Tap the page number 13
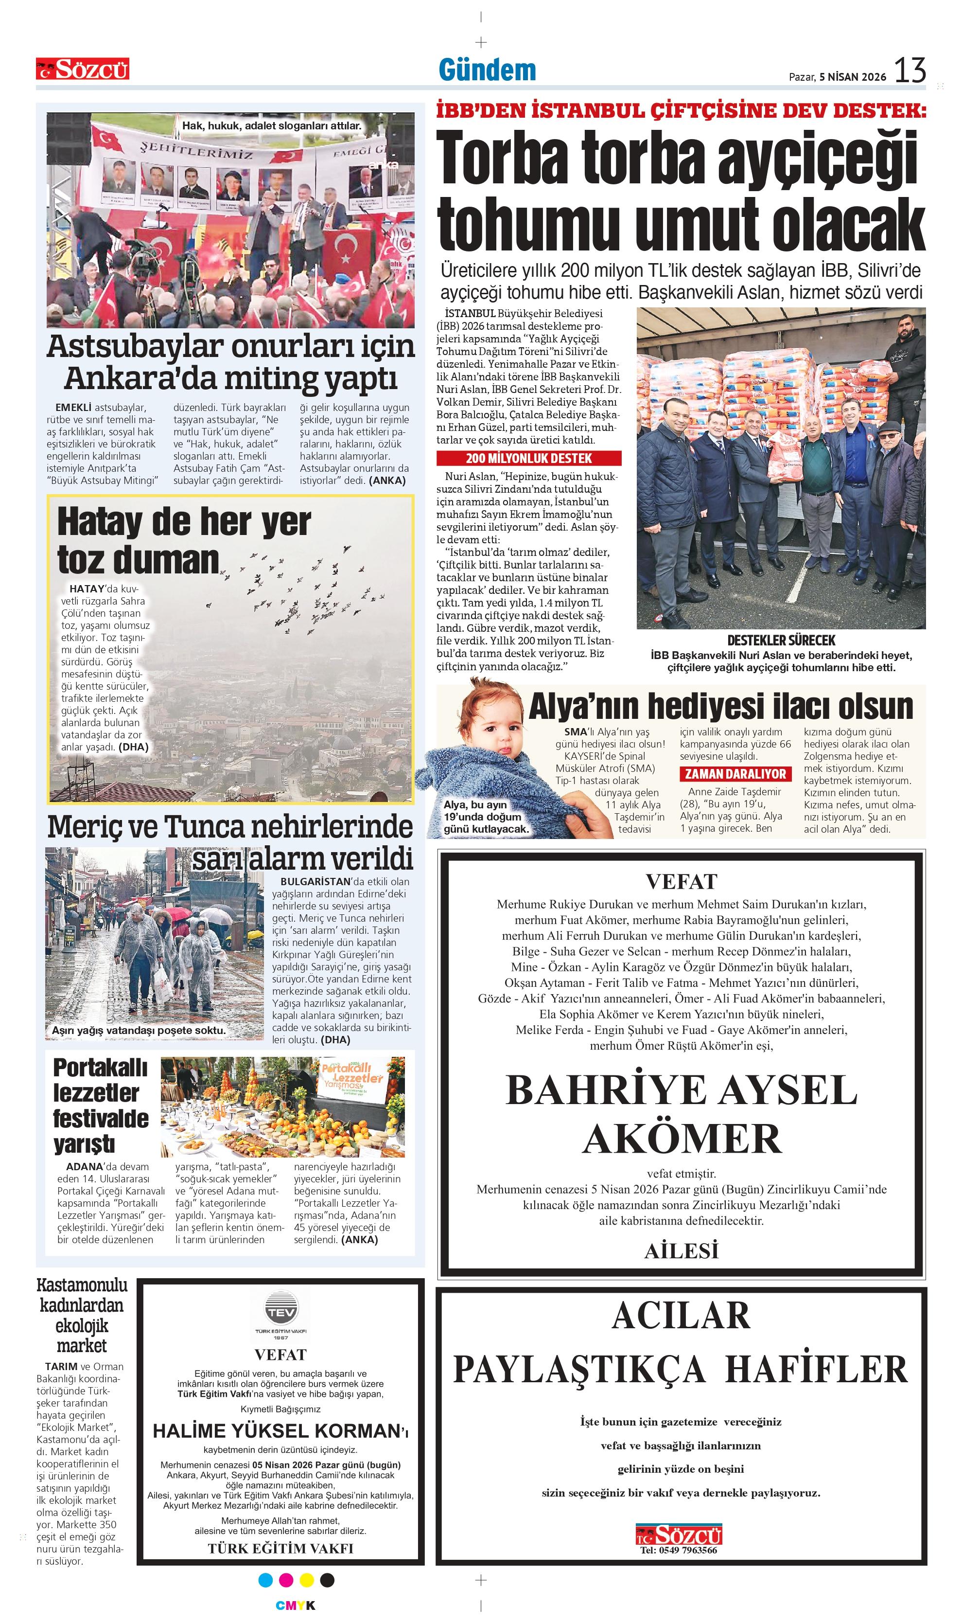point(910,70)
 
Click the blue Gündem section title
point(488,70)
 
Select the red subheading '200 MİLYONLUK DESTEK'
point(528,459)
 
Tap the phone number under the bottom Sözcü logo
point(678,1550)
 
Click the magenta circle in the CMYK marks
point(286,1580)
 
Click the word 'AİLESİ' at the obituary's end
point(682,1250)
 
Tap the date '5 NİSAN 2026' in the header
point(853,76)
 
